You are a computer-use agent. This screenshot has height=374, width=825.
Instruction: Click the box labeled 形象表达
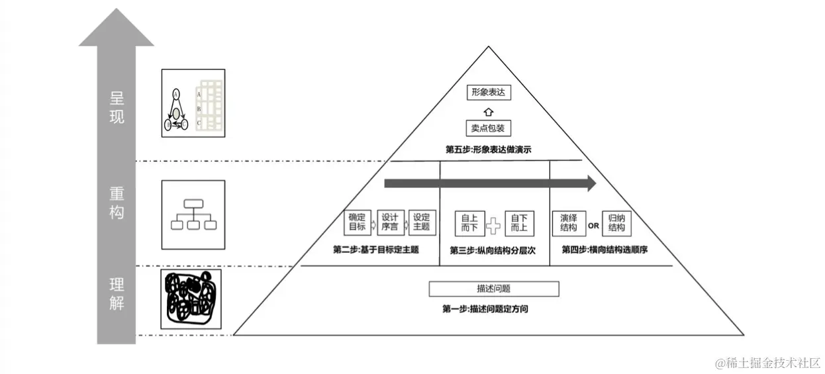click(489, 93)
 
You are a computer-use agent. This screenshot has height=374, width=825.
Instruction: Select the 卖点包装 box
click(489, 128)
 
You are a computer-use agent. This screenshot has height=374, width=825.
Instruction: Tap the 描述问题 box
click(494, 289)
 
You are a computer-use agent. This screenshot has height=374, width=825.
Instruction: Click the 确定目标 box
click(357, 222)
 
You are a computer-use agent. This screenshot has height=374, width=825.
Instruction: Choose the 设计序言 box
click(389, 222)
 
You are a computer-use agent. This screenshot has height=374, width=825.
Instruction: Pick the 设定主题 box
click(421, 222)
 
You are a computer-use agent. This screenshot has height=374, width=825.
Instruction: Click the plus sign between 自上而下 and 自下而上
click(494, 225)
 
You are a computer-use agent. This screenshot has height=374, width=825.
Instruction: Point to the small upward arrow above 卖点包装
click(489, 111)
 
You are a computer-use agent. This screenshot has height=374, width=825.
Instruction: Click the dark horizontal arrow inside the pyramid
click(490, 183)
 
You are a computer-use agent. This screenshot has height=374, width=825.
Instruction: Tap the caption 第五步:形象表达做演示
click(489, 150)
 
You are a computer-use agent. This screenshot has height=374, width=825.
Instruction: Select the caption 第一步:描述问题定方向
click(485, 308)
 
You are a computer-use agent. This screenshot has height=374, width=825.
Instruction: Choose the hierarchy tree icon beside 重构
click(193, 215)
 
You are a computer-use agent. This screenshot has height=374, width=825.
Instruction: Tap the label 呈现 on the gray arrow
click(117, 107)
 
